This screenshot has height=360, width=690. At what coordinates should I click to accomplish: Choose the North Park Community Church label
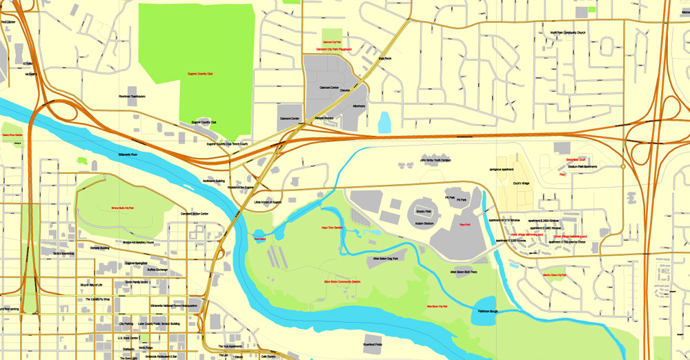pos(568,32)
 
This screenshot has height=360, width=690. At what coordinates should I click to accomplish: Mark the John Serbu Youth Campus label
pos(435,161)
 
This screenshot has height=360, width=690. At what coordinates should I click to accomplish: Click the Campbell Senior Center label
pos(195,214)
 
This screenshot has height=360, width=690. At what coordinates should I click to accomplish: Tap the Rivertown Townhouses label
pos(132,97)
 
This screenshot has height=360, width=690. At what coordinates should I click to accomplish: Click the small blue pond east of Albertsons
pos(384,122)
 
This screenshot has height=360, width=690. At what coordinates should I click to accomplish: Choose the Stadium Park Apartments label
pos(582,167)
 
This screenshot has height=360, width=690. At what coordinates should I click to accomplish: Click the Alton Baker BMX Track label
pos(464,272)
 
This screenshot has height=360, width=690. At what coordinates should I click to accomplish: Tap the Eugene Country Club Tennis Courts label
pos(227,144)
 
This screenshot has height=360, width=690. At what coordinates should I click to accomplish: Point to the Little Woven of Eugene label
pos(268,202)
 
